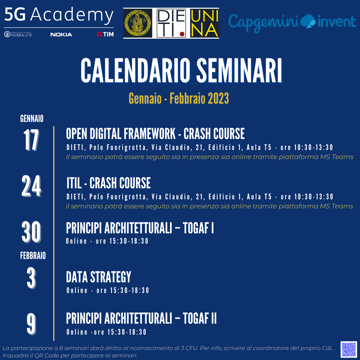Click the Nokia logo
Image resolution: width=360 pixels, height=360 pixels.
(x=61, y=34)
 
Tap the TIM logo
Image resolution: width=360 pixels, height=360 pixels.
(x=105, y=34)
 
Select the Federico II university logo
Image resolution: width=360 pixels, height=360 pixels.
(x=18, y=34)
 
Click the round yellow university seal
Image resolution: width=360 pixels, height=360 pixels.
(x=138, y=23)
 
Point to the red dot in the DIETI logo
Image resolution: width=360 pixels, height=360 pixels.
(x=182, y=34)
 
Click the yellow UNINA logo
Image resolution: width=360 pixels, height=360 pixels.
(x=204, y=23)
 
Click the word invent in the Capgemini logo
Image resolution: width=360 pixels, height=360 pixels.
(x=337, y=22)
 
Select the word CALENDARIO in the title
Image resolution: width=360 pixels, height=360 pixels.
(x=135, y=70)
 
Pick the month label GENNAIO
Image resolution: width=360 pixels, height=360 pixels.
(x=32, y=119)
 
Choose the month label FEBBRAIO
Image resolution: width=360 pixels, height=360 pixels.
(x=33, y=256)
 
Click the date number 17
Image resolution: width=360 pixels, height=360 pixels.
(x=31, y=140)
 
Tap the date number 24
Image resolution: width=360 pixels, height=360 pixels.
(x=31, y=186)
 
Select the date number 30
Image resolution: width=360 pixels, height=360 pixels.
(x=31, y=232)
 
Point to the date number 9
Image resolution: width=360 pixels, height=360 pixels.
(x=31, y=324)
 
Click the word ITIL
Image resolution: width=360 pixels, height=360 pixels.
(x=74, y=183)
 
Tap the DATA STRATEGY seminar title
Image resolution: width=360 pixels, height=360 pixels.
(x=98, y=277)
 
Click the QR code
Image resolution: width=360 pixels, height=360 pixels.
(x=349, y=349)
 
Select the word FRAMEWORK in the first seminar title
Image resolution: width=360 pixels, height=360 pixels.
(x=149, y=134)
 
